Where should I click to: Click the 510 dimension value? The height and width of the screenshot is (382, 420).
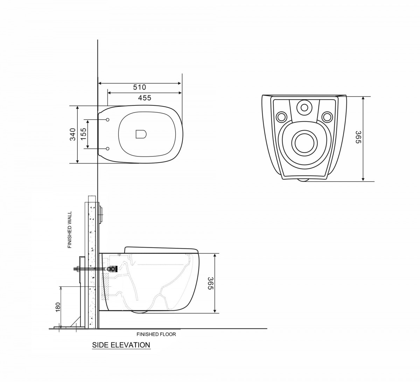pyautogui.click(x=140, y=87)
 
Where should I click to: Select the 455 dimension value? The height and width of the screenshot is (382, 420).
pyautogui.click(x=144, y=98)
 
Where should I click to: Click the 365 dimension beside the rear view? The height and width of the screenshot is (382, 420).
pyautogui.click(x=358, y=137)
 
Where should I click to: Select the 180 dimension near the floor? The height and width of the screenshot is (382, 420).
pyautogui.click(x=58, y=307)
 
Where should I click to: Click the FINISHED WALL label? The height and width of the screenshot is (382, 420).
pyautogui.click(x=70, y=230)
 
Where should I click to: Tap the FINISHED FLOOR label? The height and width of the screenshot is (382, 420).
pyautogui.click(x=156, y=334)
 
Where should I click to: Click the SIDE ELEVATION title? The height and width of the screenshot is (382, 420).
pyautogui.click(x=121, y=345)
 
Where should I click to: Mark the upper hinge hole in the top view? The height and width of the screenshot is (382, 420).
pyautogui.click(x=107, y=120)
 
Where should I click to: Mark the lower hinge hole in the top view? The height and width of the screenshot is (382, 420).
pyautogui.click(x=107, y=149)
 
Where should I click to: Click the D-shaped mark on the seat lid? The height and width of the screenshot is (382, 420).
pyautogui.click(x=141, y=134)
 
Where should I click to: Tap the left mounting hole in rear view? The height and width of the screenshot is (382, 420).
pyautogui.click(x=281, y=116)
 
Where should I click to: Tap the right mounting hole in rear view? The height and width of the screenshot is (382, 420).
pyautogui.click(x=327, y=116)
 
